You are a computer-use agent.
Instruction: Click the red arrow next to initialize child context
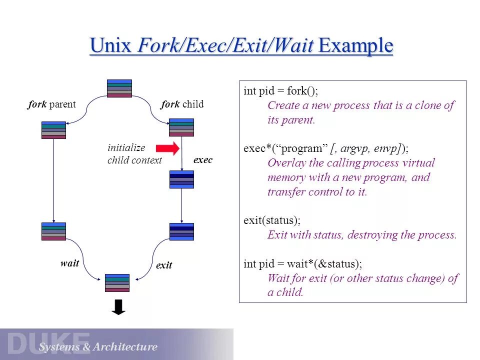pos(167,148)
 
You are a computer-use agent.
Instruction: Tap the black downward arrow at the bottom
pos(118,307)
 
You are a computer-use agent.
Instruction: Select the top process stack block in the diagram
pos(119,88)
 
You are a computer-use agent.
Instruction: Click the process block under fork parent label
pos(53,130)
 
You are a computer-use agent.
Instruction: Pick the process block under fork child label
pos(181,127)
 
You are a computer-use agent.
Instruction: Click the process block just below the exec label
pos(181,179)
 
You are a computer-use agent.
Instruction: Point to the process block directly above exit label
pos(181,231)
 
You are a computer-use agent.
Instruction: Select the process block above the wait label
pos(53,231)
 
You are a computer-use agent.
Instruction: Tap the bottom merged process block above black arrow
pos(117,283)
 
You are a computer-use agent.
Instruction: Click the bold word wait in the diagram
pos(69,263)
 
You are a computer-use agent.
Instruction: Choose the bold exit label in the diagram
pos(164,265)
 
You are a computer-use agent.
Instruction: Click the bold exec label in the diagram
pos(202,160)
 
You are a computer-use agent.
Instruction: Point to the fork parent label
pos(51,104)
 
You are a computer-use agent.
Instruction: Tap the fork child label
pos(182,104)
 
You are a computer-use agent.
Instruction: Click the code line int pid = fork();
pos(280,91)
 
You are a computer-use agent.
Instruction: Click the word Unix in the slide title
pos(110,46)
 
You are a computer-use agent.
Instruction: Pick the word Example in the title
pos(355,46)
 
